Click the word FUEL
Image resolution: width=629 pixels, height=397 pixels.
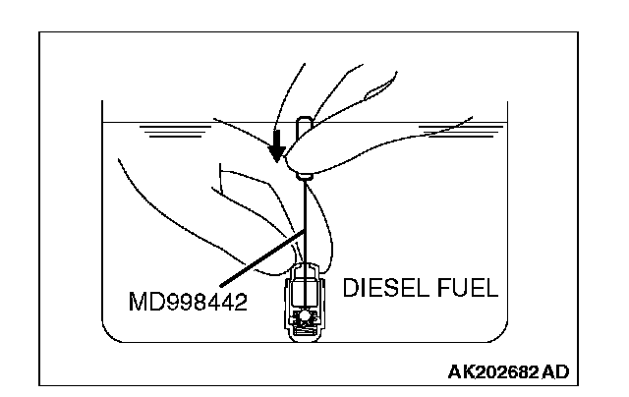coord(468,288)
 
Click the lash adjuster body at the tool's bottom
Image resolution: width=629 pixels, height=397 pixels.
coord(307,306)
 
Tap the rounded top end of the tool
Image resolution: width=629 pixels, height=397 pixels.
coord(304,124)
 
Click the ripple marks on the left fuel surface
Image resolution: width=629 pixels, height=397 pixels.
coord(167,131)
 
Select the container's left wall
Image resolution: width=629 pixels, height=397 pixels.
coord(103,216)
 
